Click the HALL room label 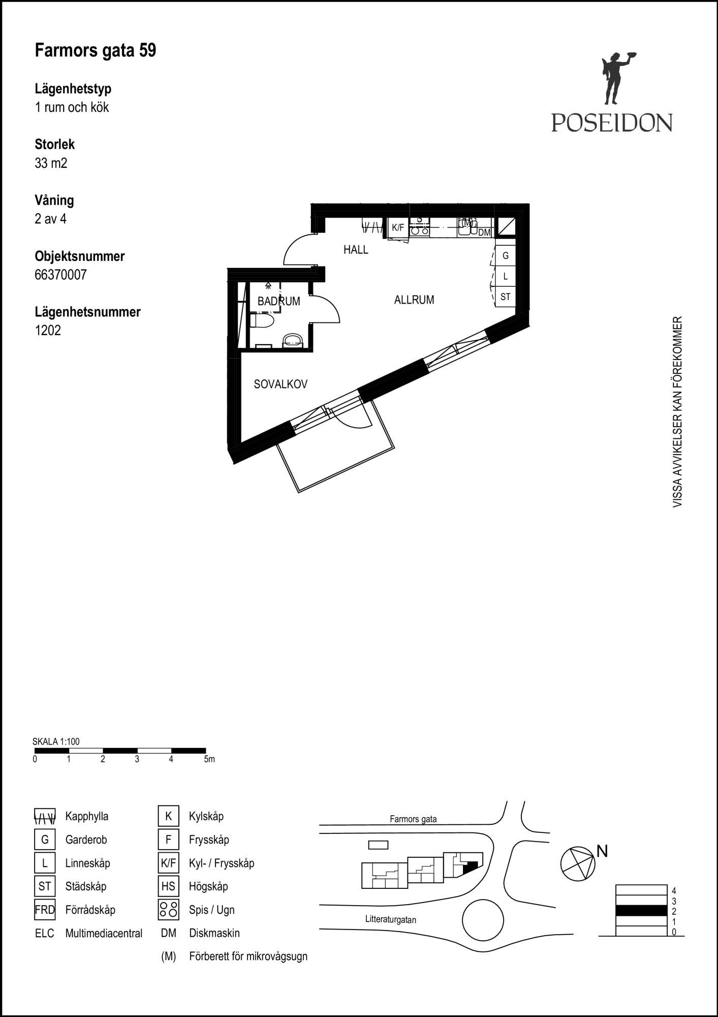pos(356,250)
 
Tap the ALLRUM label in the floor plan pos(414,300)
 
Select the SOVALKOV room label pos(280,384)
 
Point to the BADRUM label pos(279,301)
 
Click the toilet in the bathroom pos(262,321)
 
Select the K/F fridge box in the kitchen pos(398,228)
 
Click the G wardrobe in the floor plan pos(506,256)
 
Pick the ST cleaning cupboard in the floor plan pos(506,296)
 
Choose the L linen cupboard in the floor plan pos(506,276)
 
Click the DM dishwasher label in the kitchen pos(485,232)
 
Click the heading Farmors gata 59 pos(96,50)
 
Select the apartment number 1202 pos(48,331)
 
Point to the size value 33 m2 pos(51,163)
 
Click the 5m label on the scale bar pos(209,759)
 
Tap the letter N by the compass pos(602,851)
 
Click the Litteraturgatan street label pos(391,919)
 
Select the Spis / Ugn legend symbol pos(168,910)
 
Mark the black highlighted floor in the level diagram pos(641,911)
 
